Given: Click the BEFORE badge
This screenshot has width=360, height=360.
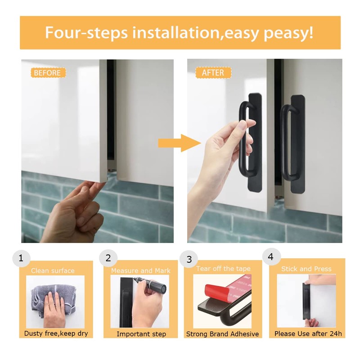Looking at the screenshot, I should tap(48, 72).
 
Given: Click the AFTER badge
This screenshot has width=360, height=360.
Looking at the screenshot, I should tap(213, 72).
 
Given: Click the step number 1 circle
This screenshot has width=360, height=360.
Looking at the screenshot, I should tap(21, 258).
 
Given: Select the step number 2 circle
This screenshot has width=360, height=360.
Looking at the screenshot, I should tap(108, 258).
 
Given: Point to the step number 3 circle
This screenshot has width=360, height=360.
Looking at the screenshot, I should tap(189, 259).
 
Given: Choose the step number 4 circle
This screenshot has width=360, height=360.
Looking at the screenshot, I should tap(271, 257).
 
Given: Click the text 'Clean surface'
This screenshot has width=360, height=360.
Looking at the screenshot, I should tap(53, 270).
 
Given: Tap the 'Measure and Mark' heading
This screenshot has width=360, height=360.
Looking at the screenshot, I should tap(141, 270).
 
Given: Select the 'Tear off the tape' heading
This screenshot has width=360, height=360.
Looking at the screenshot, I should tap(223, 269).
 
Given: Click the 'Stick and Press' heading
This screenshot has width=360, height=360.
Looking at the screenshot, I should tap(306, 269).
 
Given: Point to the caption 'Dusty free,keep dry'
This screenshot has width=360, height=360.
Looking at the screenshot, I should tap(56, 333).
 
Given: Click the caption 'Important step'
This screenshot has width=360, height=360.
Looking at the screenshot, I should tap(141, 334).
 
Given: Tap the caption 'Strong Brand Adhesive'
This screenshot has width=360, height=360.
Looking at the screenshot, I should tap(223, 334).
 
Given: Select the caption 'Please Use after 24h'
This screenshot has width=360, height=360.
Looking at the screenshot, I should tap(308, 333).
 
